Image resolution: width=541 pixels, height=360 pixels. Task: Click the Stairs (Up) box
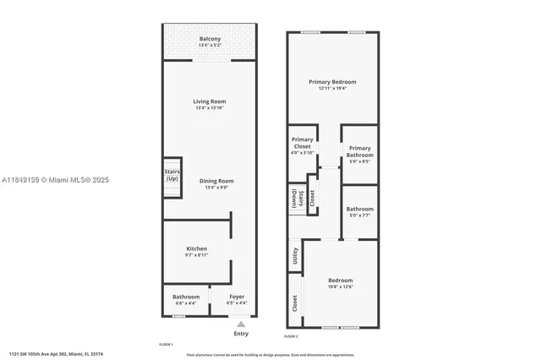172,177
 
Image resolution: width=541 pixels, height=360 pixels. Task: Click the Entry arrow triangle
241,324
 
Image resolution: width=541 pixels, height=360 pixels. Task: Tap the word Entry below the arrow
241,334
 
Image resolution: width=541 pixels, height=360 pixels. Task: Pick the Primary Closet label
302,143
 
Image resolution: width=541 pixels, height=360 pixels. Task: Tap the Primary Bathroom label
360,151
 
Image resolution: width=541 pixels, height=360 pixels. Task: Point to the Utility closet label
295,255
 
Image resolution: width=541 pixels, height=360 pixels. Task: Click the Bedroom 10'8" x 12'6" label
341,283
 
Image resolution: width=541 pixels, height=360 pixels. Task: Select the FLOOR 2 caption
291,336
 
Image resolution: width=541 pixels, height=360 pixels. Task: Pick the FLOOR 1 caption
166,344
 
